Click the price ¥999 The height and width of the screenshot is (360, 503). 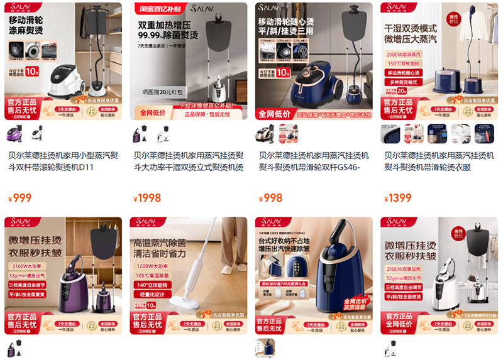pos(20,198)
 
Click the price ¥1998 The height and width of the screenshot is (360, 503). pos(148,198)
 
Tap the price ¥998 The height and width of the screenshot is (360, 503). pos(272,198)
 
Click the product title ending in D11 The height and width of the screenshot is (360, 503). pos(62,161)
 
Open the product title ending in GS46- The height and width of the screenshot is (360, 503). pos(314,161)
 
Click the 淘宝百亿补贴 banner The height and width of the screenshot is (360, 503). pos(153,9)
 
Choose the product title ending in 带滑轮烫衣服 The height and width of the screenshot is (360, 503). pos(439,161)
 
